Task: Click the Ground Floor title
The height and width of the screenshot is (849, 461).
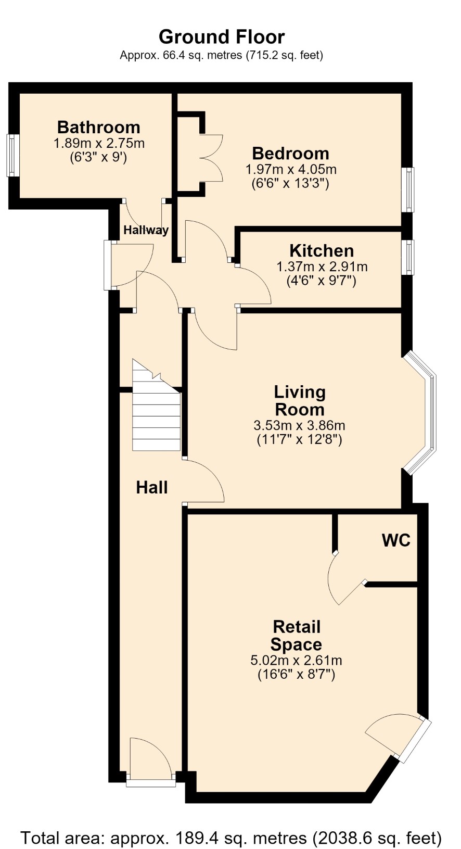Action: click(222, 37)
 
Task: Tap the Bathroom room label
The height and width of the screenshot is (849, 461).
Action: click(99, 127)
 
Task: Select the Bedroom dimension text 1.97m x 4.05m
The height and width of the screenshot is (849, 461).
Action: click(291, 169)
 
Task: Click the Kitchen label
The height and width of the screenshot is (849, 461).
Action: click(322, 250)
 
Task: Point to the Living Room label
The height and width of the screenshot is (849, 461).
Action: click(300, 401)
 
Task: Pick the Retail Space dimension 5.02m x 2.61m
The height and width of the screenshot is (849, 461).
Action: click(296, 660)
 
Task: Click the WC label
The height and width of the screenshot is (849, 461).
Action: click(396, 540)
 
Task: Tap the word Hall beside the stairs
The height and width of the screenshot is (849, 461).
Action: click(151, 487)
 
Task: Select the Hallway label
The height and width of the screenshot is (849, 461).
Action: click(146, 230)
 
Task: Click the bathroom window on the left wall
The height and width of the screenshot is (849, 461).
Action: click(12, 155)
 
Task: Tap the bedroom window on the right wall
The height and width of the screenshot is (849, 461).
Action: click(409, 189)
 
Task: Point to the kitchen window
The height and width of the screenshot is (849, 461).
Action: click(409, 257)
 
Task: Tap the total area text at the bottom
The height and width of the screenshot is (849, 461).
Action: click(231, 838)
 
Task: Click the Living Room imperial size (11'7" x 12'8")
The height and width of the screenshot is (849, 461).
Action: click(300, 440)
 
